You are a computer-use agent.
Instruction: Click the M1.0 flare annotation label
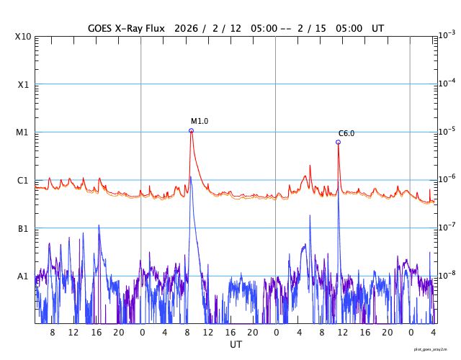point(200,122)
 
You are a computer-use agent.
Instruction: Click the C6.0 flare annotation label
point(346,134)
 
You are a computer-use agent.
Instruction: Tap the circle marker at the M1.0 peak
point(191,131)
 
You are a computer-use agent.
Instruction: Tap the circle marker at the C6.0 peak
point(338,143)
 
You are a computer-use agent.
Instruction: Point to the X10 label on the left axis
point(22,37)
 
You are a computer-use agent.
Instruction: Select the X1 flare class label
point(23,84)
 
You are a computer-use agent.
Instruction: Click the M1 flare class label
point(23,132)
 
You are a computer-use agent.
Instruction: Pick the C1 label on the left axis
point(23,180)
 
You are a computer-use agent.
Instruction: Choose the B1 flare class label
point(23,228)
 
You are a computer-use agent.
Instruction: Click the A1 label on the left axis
point(23,276)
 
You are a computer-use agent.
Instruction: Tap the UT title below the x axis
point(236,345)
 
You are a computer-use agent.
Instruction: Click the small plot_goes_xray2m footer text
point(435,349)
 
